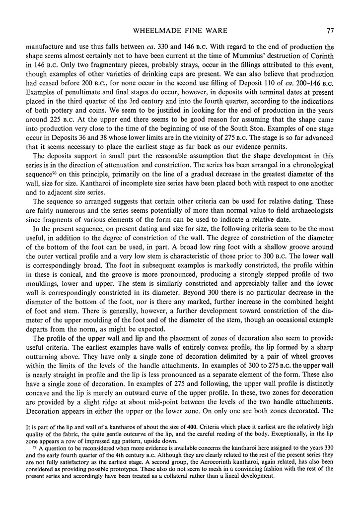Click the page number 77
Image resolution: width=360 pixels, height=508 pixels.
330,31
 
